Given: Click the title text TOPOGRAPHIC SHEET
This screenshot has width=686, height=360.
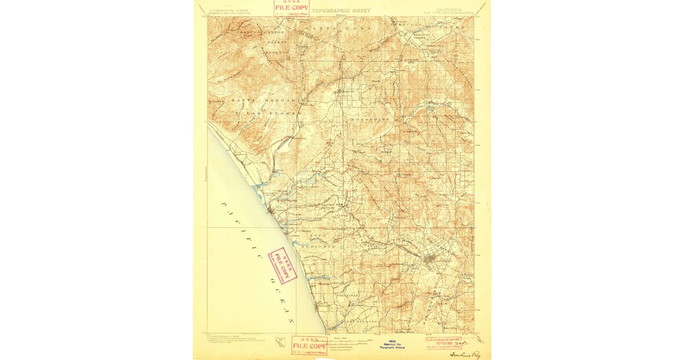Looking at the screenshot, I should (342, 10).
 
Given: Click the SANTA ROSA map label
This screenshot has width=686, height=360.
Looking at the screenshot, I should (337, 28).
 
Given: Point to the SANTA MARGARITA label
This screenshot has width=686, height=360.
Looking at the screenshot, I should (270, 101).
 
